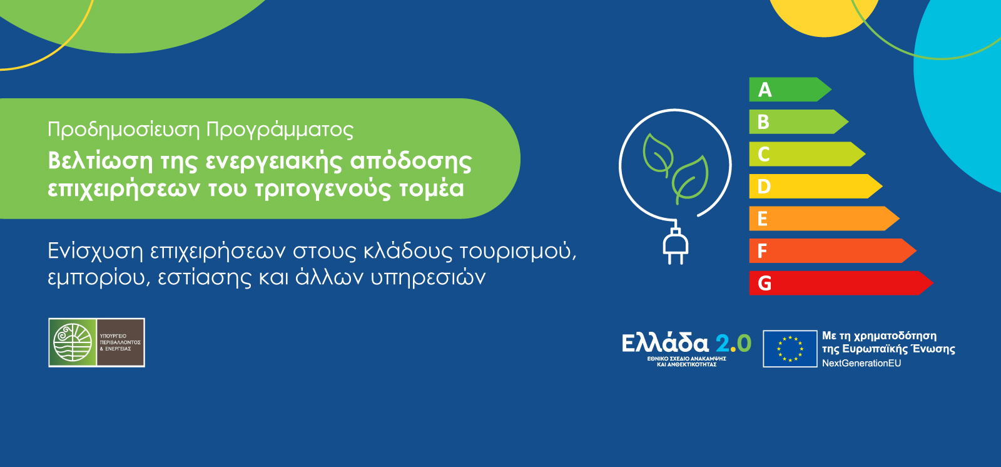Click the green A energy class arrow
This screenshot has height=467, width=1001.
tap(788, 90)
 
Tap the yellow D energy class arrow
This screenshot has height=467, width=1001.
tap(813, 186)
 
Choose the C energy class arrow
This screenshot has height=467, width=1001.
tap(805, 154)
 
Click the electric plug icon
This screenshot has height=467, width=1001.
tap(675, 245)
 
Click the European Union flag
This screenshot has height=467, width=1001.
tap(790, 349)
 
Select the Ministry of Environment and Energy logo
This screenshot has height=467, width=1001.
tap(97, 342)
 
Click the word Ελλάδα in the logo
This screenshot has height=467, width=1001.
tap(665, 343)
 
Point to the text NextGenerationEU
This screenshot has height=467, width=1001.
tap(861, 363)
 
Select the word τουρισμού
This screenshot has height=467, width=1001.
tap(517, 251)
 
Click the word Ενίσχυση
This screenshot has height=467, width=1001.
tap(96, 251)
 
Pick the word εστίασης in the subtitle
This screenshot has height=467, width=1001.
tap(204, 277)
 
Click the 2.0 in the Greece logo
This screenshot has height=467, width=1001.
tap(733, 343)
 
